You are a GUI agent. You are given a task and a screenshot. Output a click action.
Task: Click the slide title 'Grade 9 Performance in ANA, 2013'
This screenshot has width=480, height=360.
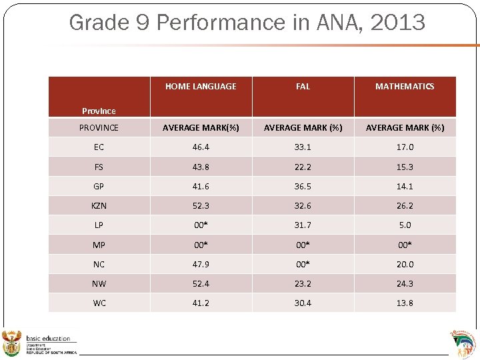click(247, 23)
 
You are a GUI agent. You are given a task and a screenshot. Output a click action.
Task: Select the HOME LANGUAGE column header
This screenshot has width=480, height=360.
click(201, 86)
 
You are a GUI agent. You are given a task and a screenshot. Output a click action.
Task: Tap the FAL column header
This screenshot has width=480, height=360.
click(303, 86)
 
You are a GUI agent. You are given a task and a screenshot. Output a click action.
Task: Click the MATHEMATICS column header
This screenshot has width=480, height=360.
click(405, 86)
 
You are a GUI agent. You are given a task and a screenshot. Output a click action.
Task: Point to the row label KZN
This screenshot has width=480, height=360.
click(99, 206)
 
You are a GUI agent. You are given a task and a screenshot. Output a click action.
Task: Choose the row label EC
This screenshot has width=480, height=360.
click(99, 147)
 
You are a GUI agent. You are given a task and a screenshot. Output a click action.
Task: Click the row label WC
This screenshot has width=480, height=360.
click(99, 303)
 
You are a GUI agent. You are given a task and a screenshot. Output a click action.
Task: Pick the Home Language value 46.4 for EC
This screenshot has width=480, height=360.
click(201, 147)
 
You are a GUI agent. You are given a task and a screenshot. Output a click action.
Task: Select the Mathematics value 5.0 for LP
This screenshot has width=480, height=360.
click(405, 225)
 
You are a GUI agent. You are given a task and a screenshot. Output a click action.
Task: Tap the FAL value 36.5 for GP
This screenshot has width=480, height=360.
click(303, 187)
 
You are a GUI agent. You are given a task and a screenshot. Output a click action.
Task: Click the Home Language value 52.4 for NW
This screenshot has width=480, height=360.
click(201, 283)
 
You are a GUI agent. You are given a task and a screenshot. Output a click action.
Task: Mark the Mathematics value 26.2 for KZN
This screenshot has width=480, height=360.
click(405, 206)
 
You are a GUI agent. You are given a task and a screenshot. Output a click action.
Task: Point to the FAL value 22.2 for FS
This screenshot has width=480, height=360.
click(303, 167)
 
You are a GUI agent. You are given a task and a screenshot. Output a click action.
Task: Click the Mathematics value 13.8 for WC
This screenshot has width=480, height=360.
click(405, 303)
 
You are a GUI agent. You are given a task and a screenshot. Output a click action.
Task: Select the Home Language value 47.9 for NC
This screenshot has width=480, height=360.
click(201, 264)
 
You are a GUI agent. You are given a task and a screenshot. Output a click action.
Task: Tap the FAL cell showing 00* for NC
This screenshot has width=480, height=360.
click(303, 264)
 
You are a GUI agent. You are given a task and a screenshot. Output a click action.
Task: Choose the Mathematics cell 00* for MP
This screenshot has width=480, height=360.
click(405, 245)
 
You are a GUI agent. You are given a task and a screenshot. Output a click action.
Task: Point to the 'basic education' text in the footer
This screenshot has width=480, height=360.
click(48, 339)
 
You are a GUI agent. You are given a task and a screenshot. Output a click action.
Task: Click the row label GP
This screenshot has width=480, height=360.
click(99, 187)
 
